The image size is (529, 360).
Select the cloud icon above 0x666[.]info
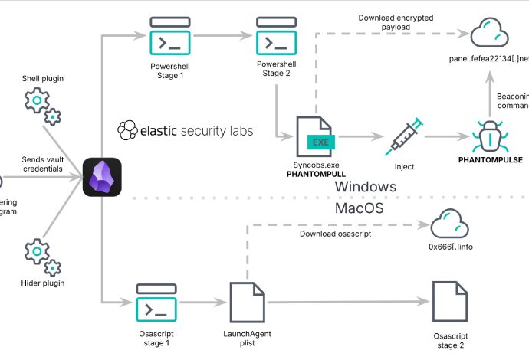(448, 225)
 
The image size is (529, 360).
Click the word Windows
(366, 185)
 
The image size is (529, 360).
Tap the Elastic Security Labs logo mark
(127, 131)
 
